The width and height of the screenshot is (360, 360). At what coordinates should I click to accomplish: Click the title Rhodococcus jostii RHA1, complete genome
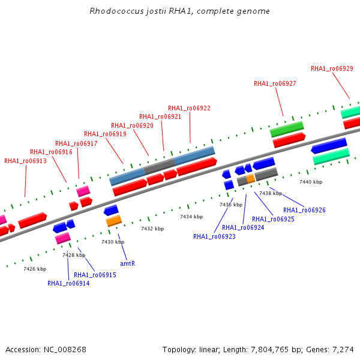tap(179, 11)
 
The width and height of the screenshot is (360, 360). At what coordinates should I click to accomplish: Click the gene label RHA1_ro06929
tap(332, 68)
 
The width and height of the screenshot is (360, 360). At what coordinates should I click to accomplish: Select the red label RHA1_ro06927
tap(275, 83)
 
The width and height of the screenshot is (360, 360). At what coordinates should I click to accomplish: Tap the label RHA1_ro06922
tap(189, 108)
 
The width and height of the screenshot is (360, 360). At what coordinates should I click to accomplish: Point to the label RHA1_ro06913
tap(25, 161)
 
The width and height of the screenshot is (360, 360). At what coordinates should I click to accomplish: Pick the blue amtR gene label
tap(128, 263)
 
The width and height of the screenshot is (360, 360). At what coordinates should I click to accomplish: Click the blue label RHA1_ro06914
tap(68, 283)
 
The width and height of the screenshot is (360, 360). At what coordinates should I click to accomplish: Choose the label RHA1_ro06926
tap(304, 210)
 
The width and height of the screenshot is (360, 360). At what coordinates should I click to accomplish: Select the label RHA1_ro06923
tap(214, 236)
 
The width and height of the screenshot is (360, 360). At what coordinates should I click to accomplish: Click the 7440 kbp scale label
tap(311, 182)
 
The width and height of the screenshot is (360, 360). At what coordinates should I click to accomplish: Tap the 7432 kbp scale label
tap(152, 229)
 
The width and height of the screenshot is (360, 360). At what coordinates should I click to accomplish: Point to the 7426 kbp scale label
tap(35, 269)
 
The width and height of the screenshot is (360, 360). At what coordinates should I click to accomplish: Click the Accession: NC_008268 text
tap(46, 350)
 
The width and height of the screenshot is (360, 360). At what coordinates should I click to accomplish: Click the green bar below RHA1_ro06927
tap(287, 129)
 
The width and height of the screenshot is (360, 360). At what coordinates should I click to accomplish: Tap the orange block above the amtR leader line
tap(114, 221)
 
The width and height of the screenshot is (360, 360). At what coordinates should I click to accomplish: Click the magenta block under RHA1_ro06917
tap(83, 191)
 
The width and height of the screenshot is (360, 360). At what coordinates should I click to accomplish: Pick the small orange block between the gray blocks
tap(251, 179)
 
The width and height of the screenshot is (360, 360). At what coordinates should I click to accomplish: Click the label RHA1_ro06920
tap(132, 125)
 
